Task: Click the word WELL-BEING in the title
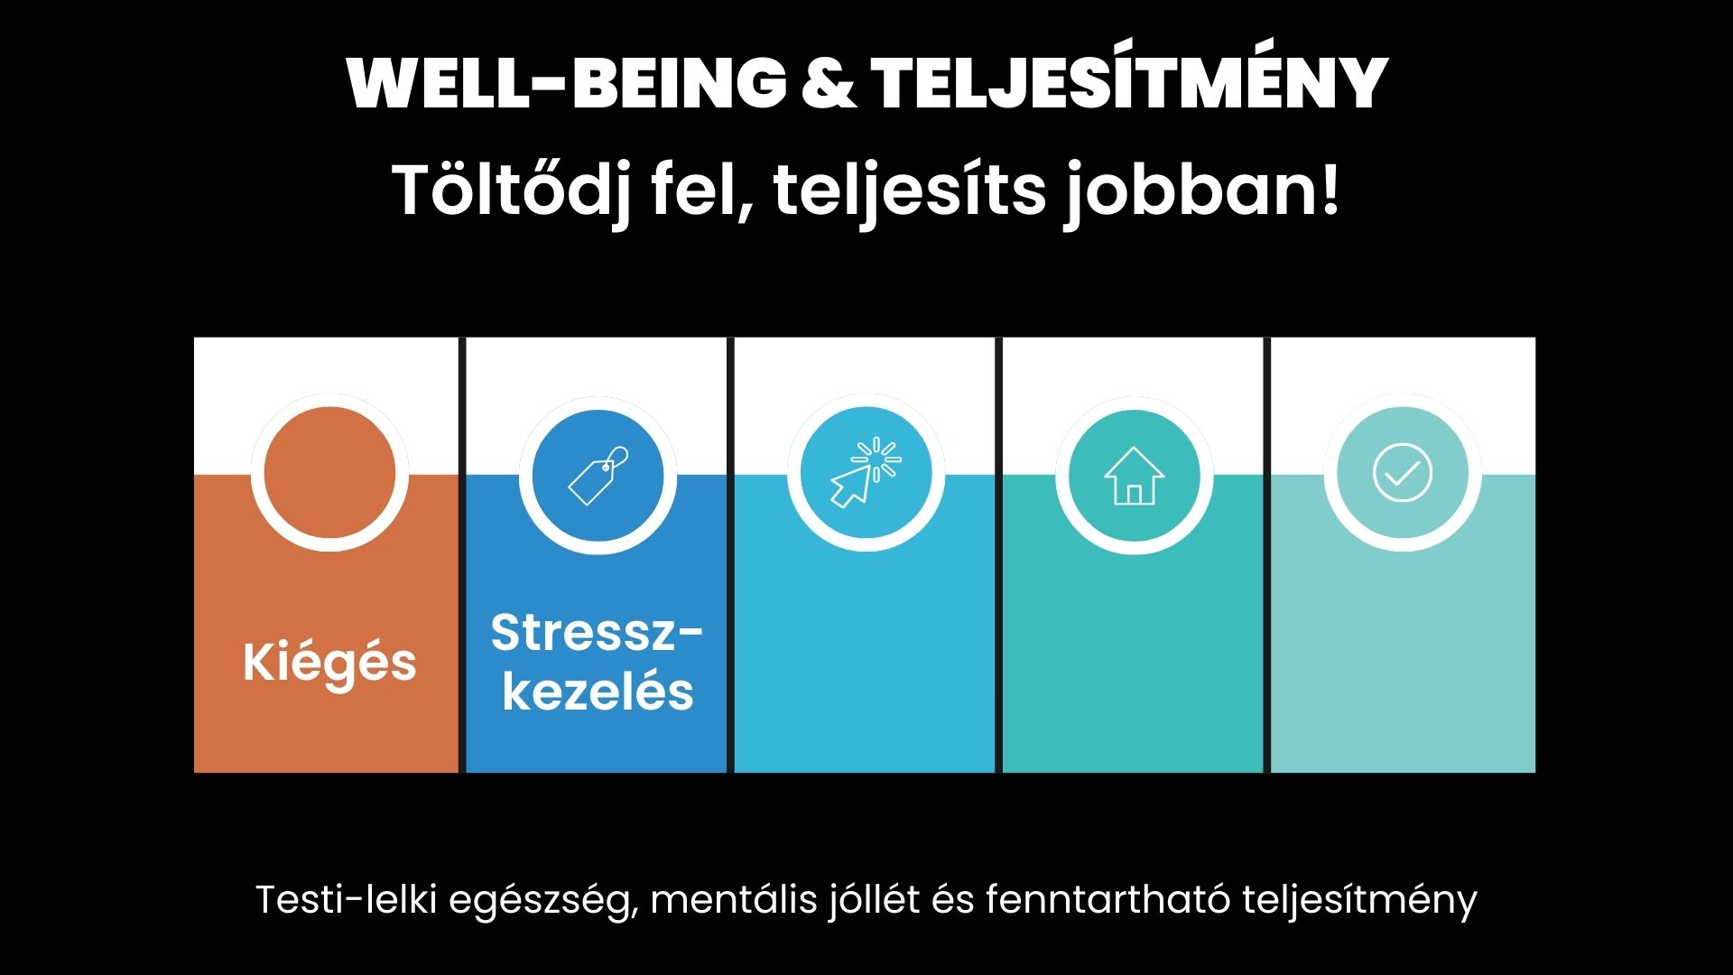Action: [x=567, y=83]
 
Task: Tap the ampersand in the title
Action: [x=829, y=83]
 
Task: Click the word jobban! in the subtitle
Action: [x=1202, y=190]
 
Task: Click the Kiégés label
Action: [x=329, y=662]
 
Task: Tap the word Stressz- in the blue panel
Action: [x=597, y=632]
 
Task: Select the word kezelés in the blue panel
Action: [x=598, y=692]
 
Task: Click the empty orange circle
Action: [x=329, y=473]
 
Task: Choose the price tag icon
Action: [x=598, y=475]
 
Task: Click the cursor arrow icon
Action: [x=865, y=472]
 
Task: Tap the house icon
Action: [x=1134, y=476]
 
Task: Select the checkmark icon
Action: [x=1402, y=473]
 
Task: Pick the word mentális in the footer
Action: [x=734, y=899]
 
